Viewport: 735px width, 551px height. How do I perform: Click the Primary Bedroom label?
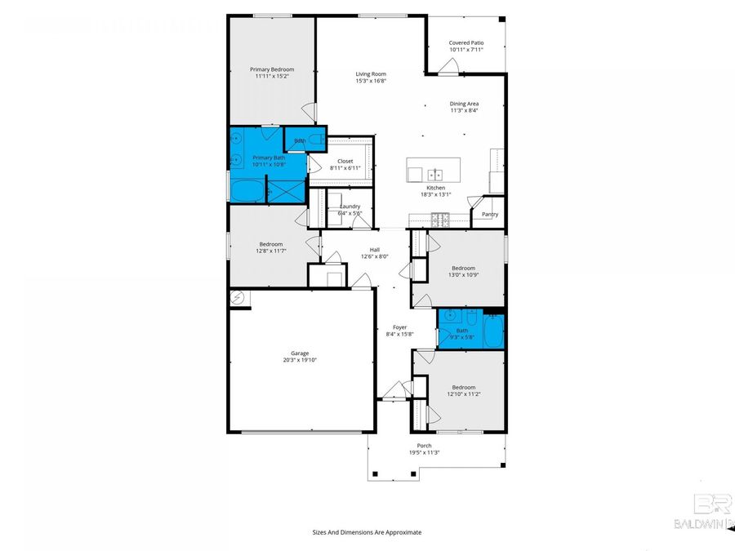coord(271,70)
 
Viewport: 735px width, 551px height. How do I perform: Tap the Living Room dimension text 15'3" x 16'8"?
coord(370,81)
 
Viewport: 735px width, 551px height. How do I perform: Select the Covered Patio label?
coord(465,42)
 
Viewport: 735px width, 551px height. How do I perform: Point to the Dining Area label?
coord(464,104)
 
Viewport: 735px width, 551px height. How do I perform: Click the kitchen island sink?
coord(437,174)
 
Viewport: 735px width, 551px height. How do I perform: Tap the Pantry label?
coord(489,215)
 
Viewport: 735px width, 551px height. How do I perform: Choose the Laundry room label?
coord(350,207)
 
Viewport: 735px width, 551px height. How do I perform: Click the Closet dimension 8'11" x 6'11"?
coord(345,168)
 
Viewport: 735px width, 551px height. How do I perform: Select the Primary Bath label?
coord(268,158)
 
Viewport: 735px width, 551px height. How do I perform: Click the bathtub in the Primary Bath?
coord(247,192)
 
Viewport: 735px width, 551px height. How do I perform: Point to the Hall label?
coord(374,250)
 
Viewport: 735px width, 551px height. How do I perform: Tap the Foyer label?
coord(399,327)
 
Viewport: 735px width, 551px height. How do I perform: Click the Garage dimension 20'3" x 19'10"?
coord(300,360)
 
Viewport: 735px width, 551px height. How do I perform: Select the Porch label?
coord(424,446)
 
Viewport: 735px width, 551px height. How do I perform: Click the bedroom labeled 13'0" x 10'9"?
coord(463,272)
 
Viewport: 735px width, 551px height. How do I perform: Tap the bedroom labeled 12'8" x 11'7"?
coord(271,247)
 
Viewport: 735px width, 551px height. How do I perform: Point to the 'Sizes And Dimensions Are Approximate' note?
coord(367,532)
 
